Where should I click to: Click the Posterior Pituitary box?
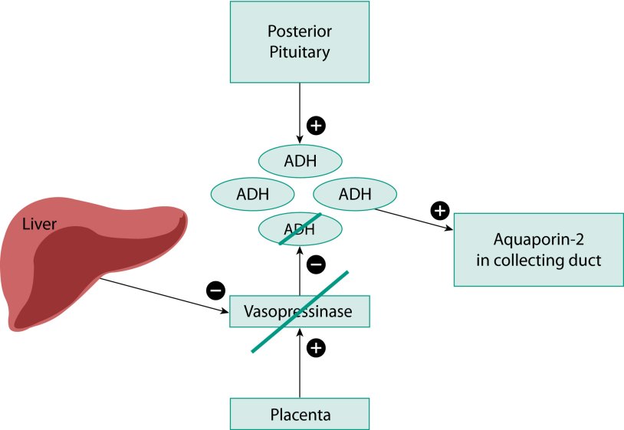tap(300, 42)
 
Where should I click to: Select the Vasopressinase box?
tap(300, 311)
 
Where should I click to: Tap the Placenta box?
tap(300, 415)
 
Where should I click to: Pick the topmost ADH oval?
tap(300, 161)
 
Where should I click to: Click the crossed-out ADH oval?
tap(300, 228)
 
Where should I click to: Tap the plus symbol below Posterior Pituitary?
tap(316, 123)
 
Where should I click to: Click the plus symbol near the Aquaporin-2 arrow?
tap(439, 209)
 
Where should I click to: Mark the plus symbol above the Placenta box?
tap(316, 349)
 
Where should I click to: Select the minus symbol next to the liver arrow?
tap(216, 290)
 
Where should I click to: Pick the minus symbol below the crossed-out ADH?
tap(316, 265)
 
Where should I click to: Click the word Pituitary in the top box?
tap(300, 53)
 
